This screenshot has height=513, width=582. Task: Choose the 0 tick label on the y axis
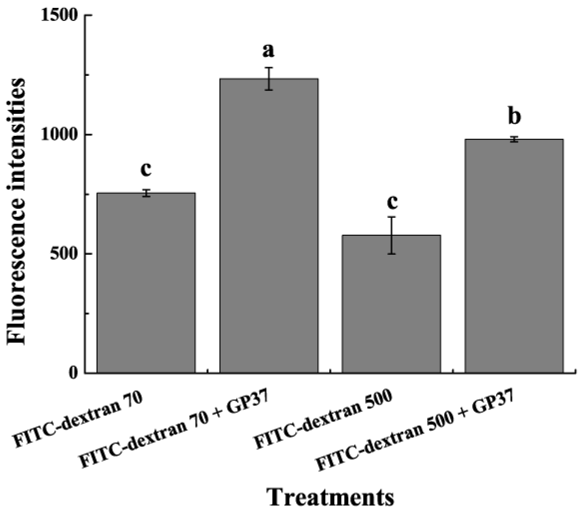74,373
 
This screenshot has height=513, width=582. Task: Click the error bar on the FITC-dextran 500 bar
392,235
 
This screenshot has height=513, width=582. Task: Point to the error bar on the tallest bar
269,79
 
